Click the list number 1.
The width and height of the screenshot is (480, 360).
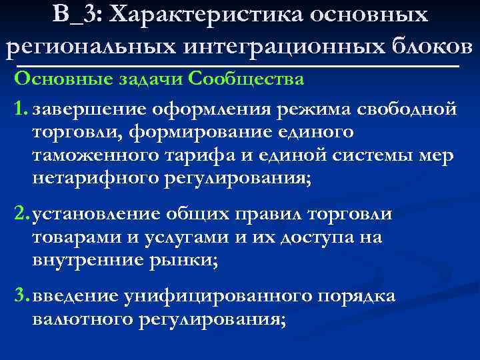point(20,109)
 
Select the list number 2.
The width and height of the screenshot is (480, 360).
point(21,215)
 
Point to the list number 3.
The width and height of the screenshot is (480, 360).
point(21,295)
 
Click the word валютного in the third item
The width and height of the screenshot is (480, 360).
point(83,319)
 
